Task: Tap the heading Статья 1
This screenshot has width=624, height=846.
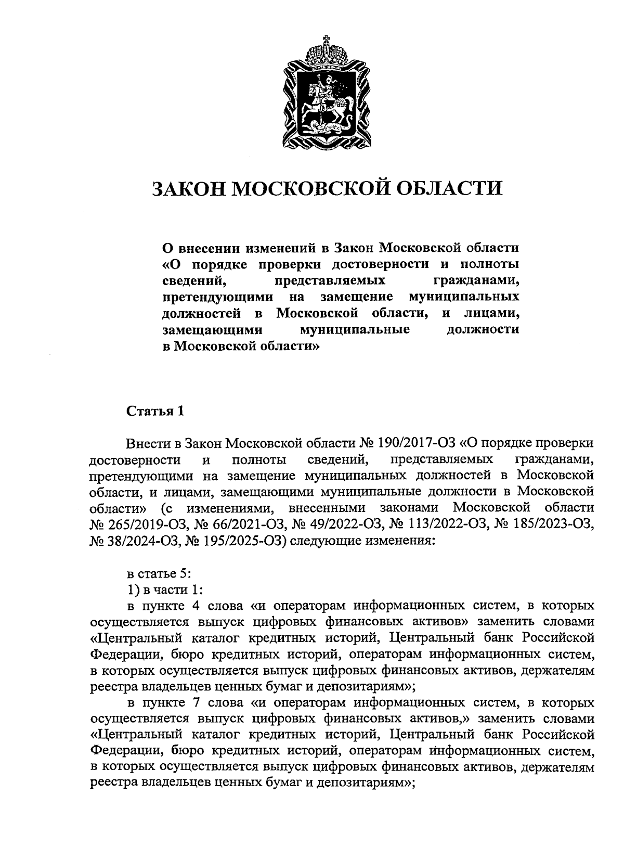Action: (x=155, y=411)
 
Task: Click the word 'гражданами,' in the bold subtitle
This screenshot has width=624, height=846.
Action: (x=476, y=281)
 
